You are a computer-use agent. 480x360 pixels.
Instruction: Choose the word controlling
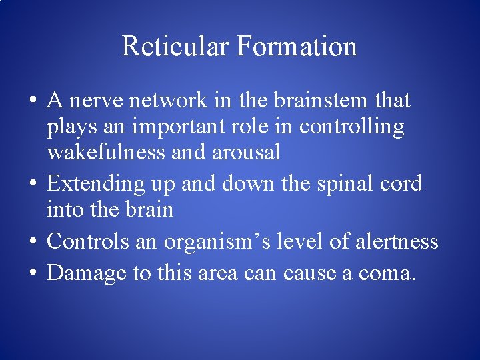tap(351, 127)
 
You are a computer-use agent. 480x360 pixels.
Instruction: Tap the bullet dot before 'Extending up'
tap(33, 184)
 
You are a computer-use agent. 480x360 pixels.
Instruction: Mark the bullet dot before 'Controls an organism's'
tap(33, 241)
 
